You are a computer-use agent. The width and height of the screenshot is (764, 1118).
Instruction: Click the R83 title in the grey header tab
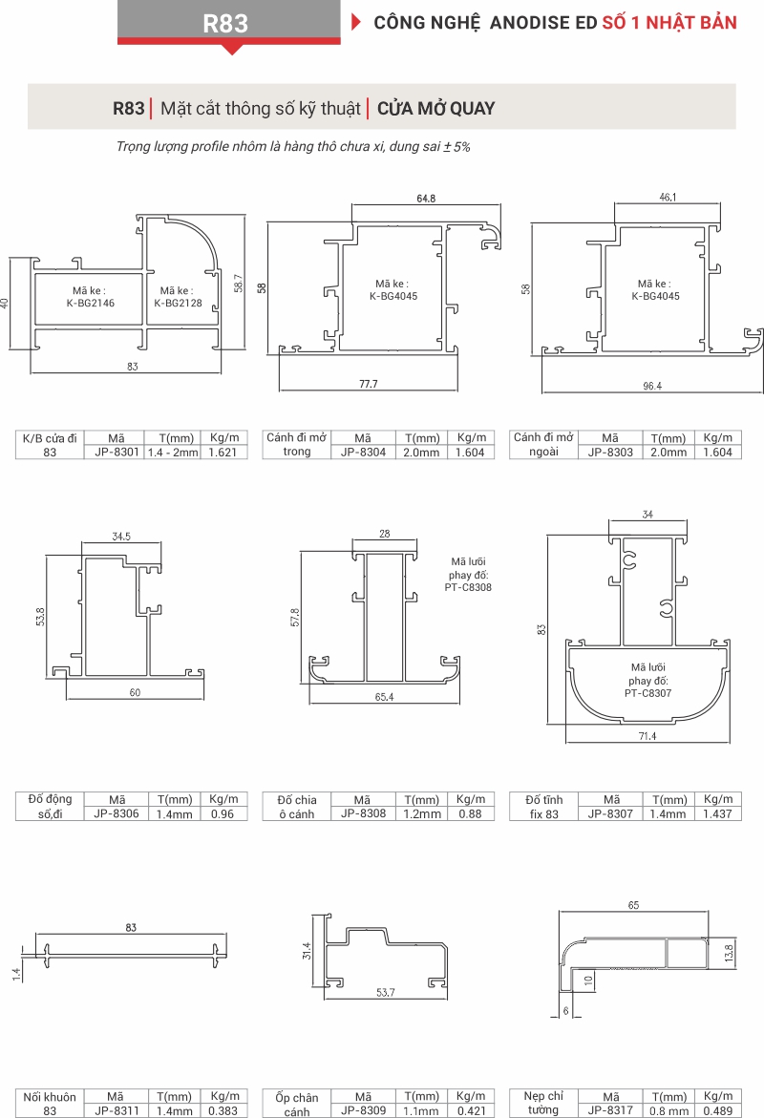coord(225,23)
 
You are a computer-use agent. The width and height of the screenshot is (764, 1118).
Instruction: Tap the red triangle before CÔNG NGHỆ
coord(356,22)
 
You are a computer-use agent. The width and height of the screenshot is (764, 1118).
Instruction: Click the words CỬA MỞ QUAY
coord(435,109)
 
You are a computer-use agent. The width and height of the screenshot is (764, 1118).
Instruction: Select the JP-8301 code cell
coord(117,452)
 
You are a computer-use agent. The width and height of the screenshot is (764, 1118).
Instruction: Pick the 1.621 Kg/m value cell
coord(223,452)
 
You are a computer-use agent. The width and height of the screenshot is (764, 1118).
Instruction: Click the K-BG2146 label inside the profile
coord(91,303)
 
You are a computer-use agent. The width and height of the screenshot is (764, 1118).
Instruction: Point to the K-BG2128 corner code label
coord(178,303)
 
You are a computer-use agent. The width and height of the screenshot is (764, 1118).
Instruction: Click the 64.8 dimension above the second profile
coord(426,199)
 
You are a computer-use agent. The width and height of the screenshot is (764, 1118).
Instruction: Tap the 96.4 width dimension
coord(652,386)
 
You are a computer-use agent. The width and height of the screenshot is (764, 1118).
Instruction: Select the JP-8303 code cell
coord(610,452)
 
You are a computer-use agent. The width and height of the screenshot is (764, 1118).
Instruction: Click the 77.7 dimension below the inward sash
coord(368,384)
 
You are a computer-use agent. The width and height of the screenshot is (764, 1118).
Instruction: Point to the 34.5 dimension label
coord(121,537)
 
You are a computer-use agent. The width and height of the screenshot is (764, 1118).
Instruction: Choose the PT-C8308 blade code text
coord(468,587)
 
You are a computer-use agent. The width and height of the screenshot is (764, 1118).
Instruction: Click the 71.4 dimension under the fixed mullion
coord(647,736)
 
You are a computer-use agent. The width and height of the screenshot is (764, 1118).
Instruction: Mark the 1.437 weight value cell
coord(718,813)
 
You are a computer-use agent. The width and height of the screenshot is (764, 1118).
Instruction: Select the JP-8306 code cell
coord(117,813)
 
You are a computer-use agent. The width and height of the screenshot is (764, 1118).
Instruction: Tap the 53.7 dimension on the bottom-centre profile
coord(385,993)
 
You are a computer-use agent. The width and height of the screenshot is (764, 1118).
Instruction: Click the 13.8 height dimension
coord(729,953)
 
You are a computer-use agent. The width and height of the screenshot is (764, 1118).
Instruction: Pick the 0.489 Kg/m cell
coord(718,1110)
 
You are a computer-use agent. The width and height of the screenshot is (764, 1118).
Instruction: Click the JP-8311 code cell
coord(117,1110)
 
